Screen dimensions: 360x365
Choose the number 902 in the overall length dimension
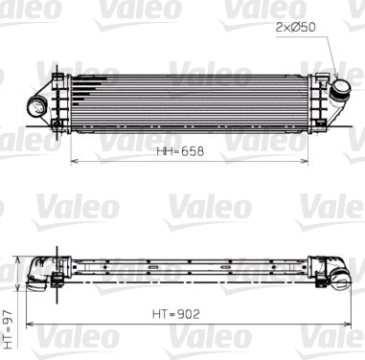coord(190,312)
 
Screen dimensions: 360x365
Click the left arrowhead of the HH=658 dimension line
coord(74,162)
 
